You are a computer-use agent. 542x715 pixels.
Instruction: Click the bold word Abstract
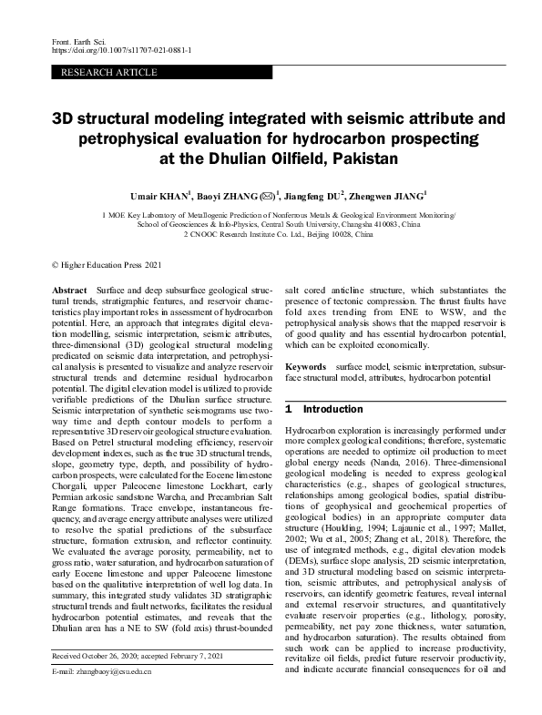coord(71,287)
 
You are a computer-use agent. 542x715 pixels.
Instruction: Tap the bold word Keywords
coord(305,365)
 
